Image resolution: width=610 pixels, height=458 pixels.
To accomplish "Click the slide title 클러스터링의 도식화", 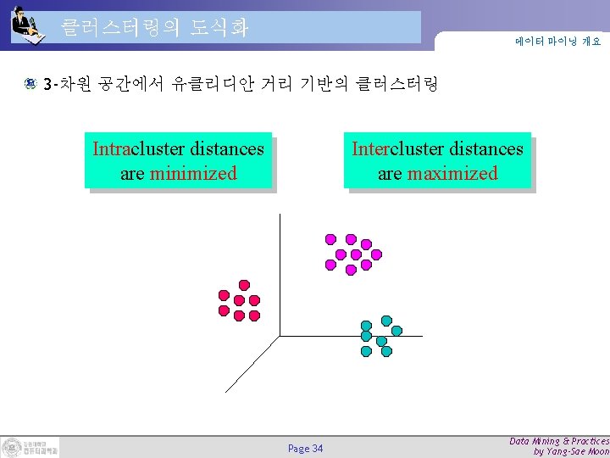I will point(155,28).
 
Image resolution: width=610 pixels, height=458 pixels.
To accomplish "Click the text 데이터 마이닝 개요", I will point(557,41).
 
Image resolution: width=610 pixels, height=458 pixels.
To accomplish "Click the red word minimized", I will point(193,174).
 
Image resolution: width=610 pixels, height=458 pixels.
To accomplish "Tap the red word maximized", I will point(452,174).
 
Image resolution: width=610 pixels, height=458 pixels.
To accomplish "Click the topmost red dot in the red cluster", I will point(244,284).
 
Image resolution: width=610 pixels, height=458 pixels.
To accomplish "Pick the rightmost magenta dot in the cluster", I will point(377,254).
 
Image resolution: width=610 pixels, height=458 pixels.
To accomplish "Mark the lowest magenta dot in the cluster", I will point(351,270).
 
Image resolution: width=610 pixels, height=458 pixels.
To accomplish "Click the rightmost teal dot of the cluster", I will point(396,331).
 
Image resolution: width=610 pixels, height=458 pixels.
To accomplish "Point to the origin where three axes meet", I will point(280,336).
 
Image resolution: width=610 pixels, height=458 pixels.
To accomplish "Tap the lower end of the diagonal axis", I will point(226,392).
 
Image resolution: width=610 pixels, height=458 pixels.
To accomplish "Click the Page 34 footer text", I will point(305,448).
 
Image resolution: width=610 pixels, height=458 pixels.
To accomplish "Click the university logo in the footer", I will point(30,447).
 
